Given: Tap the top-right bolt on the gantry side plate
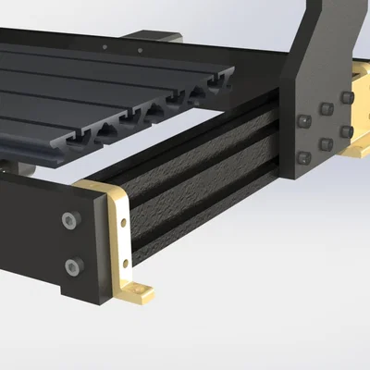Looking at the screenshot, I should coord(347,97).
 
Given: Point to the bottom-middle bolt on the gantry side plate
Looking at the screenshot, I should coord(326,142).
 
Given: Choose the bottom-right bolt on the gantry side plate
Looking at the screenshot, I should coord(347,130).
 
